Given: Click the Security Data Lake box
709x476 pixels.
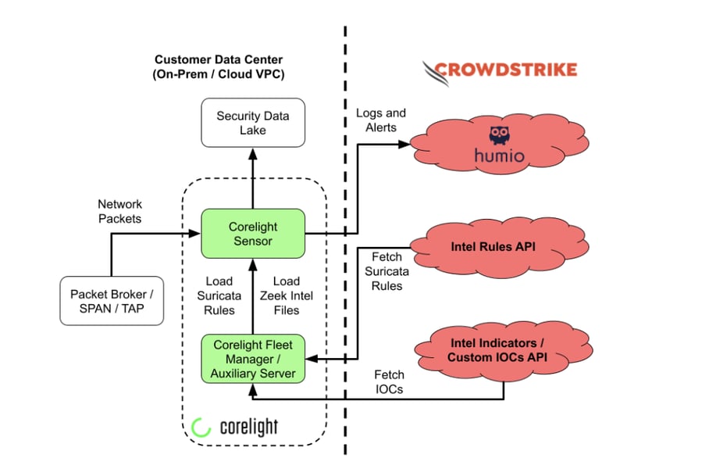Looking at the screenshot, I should click(252, 123).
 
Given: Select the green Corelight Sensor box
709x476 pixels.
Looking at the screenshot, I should click(252, 233).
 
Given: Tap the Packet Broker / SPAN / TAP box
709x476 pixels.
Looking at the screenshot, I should click(112, 301).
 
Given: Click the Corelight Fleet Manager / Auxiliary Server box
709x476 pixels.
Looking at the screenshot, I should click(252, 357).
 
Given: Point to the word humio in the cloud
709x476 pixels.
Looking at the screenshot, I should click(500, 156).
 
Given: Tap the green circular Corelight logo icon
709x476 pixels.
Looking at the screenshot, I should click(201, 427).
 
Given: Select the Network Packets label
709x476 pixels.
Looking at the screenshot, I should click(120, 211).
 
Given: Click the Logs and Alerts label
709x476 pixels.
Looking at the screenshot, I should click(380, 120).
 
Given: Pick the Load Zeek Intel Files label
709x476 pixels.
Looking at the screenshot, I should click(286, 295).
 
